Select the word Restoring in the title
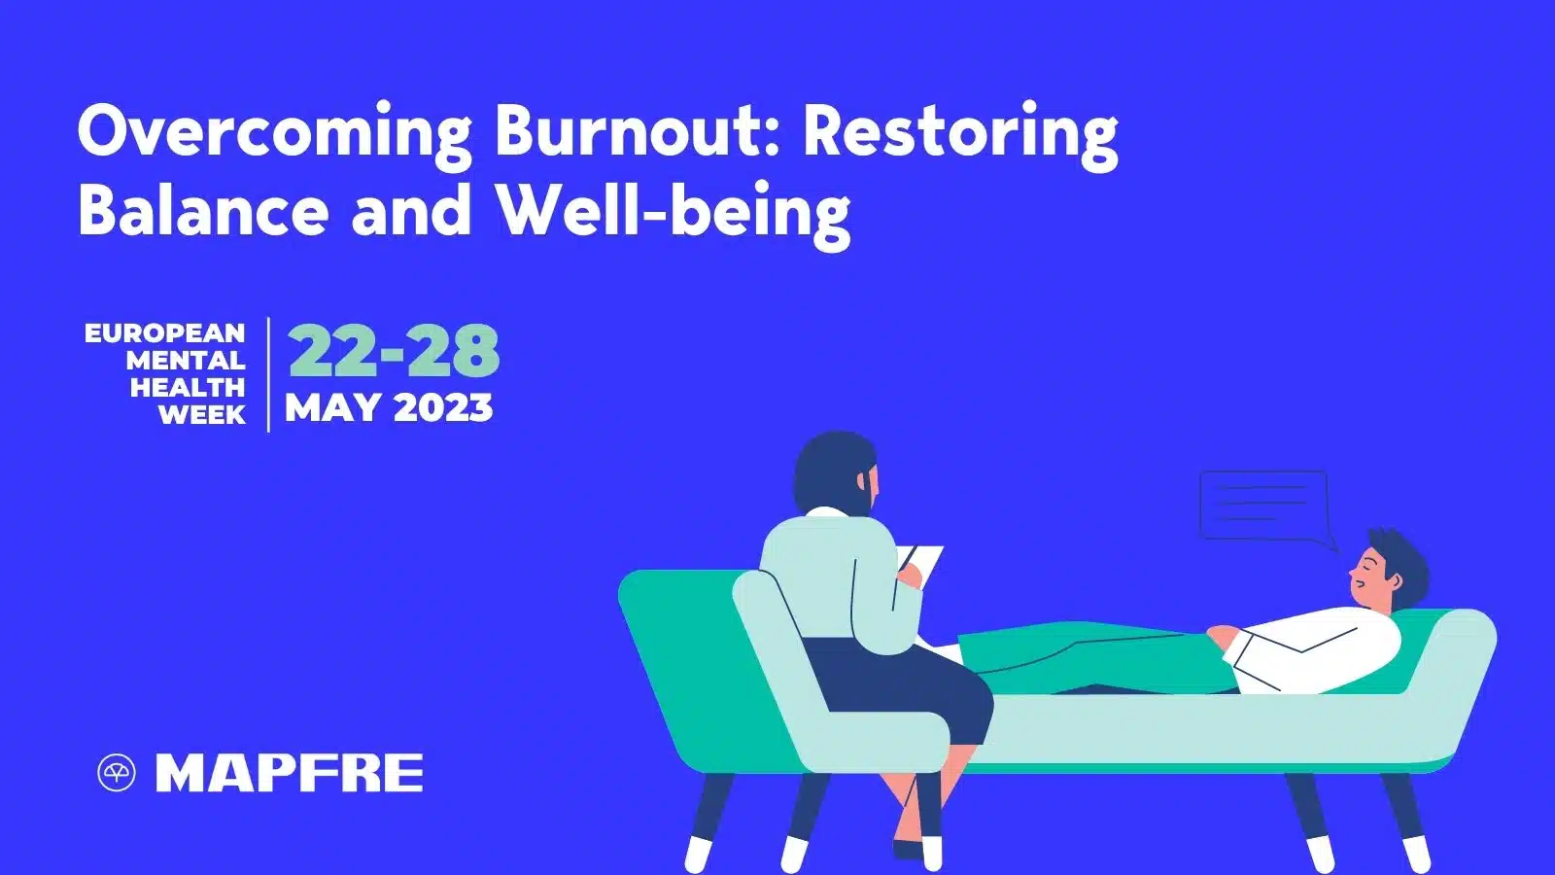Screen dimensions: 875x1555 click(960, 132)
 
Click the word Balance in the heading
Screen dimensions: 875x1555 click(203, 209)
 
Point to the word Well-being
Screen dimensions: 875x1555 click(674, 211)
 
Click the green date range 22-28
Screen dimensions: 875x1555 click(394, 351)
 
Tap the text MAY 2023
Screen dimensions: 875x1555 click(389, 408)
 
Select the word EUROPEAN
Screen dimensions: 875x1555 click(165, 333)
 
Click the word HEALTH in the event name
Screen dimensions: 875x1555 click(188, 388)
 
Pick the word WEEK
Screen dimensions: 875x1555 click(202, 415)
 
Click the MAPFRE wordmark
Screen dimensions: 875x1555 click(290, 774)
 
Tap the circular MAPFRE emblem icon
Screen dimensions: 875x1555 click(117, 774)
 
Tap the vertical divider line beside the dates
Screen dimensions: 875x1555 click(268, 374)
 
